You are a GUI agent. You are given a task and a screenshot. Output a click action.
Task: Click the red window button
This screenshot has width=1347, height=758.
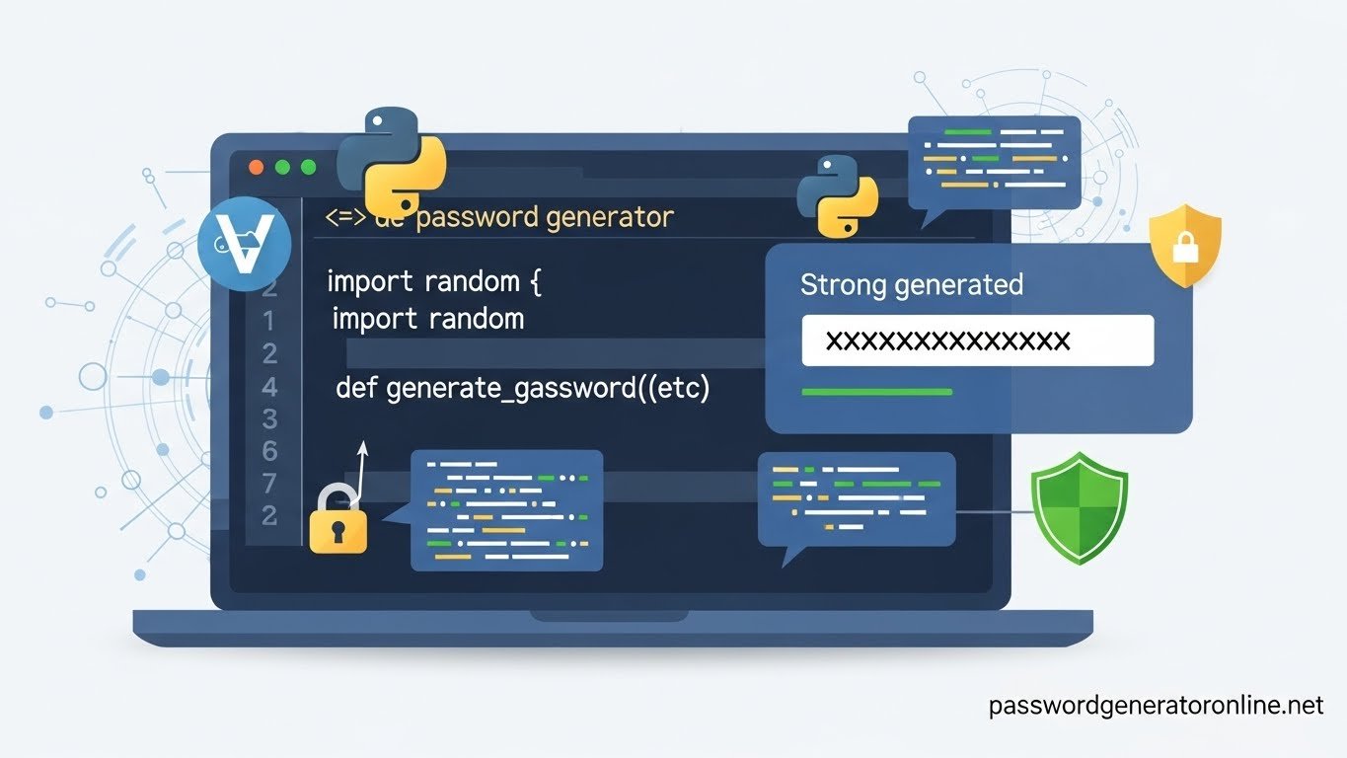(257, 168)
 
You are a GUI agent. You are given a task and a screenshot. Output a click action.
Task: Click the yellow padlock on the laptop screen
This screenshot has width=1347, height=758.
(337, 521)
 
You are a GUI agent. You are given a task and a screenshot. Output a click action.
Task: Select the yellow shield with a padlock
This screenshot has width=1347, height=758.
(1185, 244)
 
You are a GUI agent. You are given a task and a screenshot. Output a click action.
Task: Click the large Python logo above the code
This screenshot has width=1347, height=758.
(392, 163)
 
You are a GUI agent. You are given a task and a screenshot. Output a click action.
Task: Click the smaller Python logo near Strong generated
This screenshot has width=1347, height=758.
(837, 195)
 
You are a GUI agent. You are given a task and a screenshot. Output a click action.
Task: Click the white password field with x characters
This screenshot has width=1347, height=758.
(977, 341)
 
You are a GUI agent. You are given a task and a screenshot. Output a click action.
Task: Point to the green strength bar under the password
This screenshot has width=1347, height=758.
(876, 392)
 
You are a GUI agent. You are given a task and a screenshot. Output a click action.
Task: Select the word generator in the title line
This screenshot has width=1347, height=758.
(610, 216)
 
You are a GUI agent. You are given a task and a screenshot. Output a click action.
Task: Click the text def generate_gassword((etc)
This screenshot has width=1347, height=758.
(522, 388)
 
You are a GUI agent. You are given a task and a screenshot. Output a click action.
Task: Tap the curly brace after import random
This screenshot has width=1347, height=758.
(536, 282)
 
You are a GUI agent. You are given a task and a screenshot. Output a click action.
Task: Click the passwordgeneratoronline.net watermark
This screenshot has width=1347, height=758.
(1155, 706)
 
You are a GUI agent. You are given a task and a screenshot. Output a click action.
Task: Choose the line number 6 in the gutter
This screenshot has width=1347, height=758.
(269, 451)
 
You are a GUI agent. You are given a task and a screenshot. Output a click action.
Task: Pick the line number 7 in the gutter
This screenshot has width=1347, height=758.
(269, 483)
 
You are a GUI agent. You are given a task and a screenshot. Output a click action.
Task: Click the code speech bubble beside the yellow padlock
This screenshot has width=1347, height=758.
(506, 510)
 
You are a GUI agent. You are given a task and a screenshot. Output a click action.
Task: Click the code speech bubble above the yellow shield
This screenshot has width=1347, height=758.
(994, 160)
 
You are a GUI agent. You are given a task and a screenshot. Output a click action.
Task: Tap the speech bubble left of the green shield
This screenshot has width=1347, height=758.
(856, 499)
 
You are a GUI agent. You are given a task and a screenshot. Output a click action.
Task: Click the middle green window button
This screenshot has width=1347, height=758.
(282, 168)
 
